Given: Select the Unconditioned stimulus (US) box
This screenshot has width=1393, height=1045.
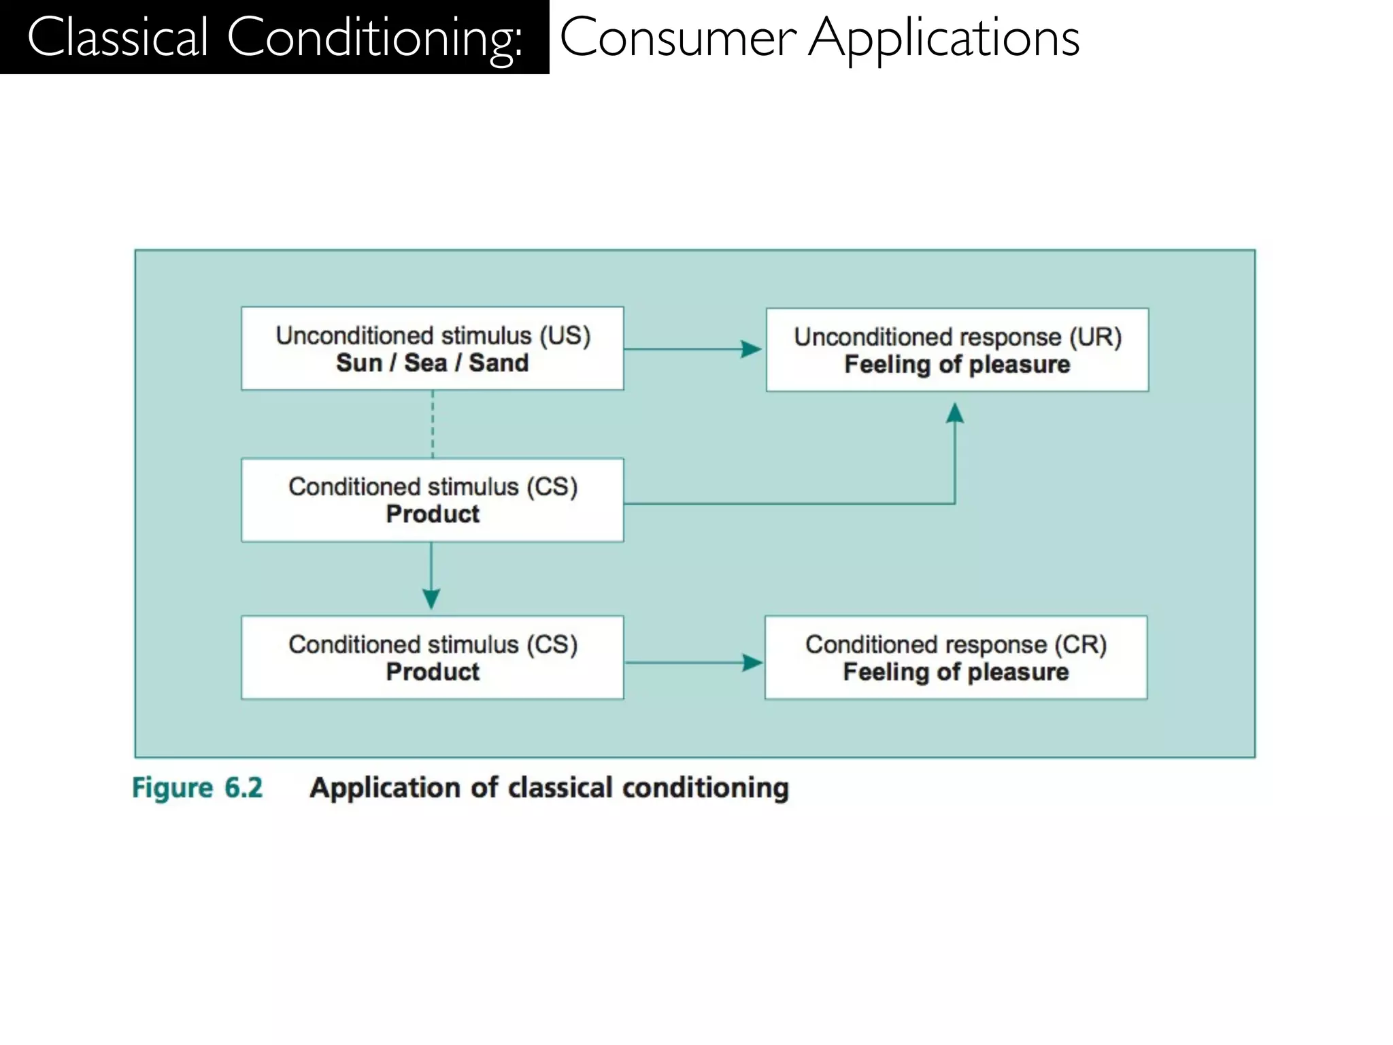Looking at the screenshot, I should pos(433,348).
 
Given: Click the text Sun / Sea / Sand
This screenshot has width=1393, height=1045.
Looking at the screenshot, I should pos(433,363).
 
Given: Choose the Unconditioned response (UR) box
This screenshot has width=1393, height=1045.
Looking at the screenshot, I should pos(957,350).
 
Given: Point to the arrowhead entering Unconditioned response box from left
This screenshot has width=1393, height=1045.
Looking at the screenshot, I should pos(752,349).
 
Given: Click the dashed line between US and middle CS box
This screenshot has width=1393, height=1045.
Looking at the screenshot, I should pos(433,424).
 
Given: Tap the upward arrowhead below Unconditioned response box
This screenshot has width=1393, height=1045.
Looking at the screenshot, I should pos(955,413).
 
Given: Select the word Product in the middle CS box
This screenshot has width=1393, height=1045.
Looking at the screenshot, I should pos(433,514).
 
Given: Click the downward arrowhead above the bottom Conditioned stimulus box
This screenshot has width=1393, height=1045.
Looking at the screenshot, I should pos(431,599).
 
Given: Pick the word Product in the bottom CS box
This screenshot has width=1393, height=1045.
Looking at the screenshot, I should pos(433,672).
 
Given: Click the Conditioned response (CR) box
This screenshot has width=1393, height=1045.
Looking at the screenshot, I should pos(956,657).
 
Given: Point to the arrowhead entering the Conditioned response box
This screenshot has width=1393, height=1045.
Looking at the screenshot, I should pos(753,663).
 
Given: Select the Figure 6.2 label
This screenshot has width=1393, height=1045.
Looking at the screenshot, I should pos(197,788).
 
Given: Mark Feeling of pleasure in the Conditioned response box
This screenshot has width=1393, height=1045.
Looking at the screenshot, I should pos(956,672).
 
